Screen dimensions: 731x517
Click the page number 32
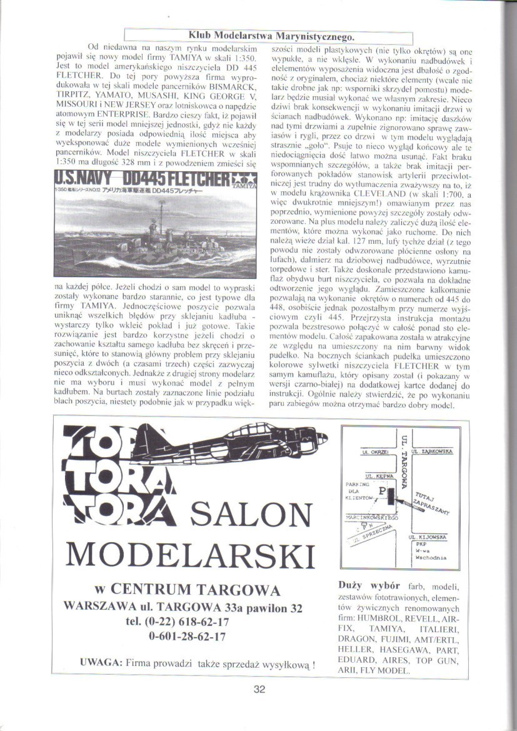(260, 690)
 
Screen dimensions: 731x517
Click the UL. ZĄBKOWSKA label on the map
(435, 451)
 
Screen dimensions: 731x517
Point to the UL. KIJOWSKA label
(426, 537)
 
